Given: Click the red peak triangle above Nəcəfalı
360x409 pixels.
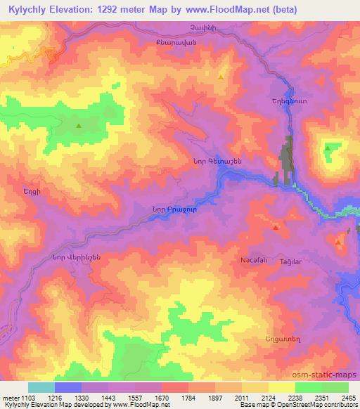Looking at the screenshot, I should tap(276, 227).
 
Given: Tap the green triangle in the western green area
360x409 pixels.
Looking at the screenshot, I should tap(78, 126).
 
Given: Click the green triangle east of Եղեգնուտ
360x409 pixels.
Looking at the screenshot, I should tap(328, 148).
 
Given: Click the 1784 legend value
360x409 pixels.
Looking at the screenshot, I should tap(188, 398).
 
